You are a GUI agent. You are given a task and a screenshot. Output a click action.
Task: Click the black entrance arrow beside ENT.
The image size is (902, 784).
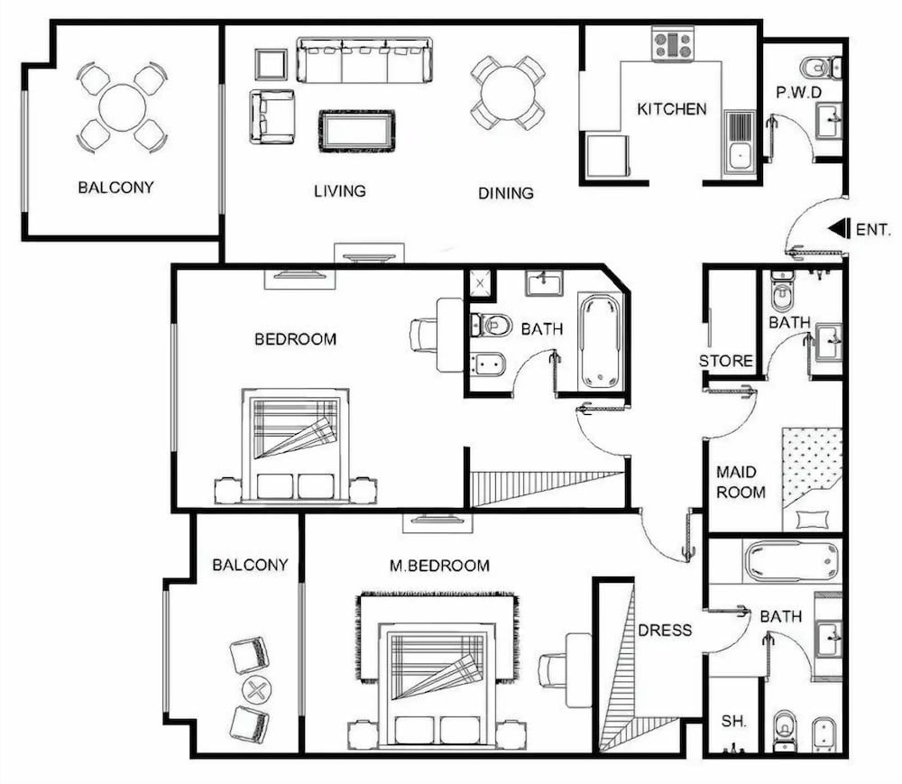point(838,229)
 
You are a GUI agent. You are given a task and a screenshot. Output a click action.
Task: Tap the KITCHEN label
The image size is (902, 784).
point(672,109)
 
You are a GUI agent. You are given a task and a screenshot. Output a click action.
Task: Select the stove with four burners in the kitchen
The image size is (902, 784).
point(672,43)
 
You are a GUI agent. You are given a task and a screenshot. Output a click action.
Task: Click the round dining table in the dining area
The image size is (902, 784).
point(507,92)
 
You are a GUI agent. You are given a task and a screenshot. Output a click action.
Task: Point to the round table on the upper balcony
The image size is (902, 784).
point(122,107)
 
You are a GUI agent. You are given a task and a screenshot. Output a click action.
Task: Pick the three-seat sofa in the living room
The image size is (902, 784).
point(364,60)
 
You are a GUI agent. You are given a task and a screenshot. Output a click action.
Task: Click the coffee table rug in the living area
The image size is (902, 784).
point(356,131)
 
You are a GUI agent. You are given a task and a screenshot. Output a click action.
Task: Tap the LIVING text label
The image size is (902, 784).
point(340,191)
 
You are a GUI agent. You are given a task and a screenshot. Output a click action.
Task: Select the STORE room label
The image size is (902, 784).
point(726,361)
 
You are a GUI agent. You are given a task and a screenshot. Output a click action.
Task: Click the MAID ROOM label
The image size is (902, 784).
point(741,483)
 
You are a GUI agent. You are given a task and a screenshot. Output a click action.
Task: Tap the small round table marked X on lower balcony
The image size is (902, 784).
point(256,692)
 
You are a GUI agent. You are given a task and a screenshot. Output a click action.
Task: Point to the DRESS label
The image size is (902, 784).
point(665,630)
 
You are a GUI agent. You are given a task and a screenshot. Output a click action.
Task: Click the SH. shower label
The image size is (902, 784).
point(731,722)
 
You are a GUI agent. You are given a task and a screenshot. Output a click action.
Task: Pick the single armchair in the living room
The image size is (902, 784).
point(272,116)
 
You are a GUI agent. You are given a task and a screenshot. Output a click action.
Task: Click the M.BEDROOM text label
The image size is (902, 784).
point(439,566)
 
